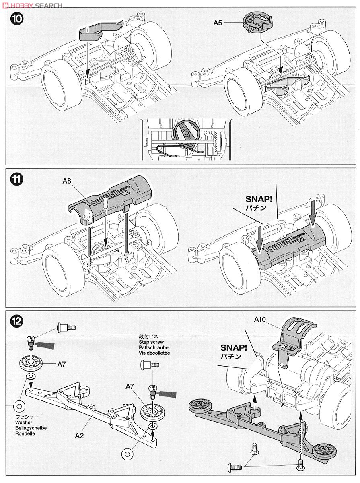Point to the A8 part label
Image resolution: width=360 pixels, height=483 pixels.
tap(67, 182)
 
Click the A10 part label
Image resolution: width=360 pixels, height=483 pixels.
tap(260, 320)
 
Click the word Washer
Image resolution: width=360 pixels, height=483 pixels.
tap(24, 423)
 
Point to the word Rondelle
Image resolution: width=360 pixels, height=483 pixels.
tap(26, 433)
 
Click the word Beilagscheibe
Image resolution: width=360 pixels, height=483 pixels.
tap(31, 428)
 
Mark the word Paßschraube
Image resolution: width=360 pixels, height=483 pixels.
tap(153, 347)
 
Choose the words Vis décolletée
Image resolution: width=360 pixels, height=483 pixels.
tap(154, 353)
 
